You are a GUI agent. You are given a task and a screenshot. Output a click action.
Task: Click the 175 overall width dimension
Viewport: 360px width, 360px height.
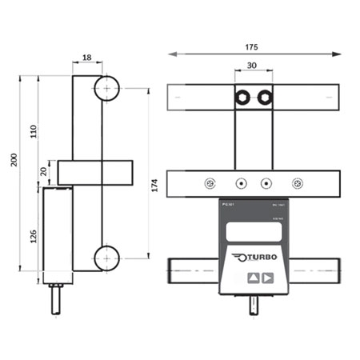[253, 47]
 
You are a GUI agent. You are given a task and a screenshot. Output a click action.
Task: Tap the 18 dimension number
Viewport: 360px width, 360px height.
[88, 58]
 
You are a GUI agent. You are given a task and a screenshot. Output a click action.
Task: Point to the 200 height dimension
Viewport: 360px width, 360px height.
[11, 161]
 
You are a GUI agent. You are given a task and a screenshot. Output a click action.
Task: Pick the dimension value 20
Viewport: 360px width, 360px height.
[44, 171]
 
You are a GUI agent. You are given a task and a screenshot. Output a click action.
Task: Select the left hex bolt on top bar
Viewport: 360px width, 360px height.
[241, 98]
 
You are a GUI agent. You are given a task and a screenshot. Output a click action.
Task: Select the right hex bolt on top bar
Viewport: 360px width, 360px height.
[266, 98]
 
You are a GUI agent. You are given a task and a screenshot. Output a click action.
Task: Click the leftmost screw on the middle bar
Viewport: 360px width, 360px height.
[210, 182]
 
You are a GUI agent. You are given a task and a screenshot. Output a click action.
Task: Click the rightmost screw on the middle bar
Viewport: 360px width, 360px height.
[298, 182]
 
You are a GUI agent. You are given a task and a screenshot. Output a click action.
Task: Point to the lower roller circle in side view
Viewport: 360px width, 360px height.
[106, 258]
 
